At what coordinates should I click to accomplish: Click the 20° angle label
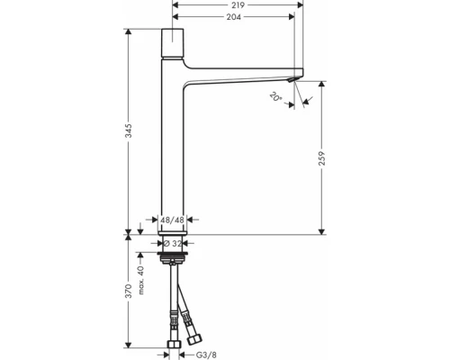tap(274, 96)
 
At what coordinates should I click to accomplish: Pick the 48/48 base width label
tap(173, 219)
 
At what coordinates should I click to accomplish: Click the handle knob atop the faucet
tap(173, 41)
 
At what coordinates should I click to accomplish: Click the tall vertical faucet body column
tap(173, 153)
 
